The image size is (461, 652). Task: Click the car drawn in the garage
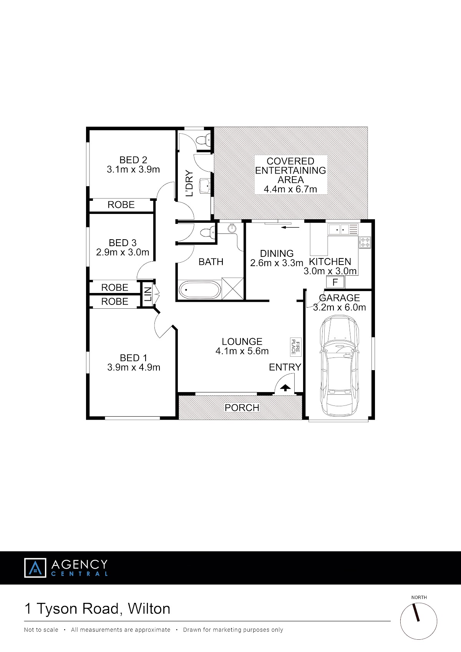pos(339,366)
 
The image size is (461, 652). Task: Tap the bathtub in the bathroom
pos(199,290)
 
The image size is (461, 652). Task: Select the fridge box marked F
pos(335,282)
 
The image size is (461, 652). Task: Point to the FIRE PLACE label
pos(295,347)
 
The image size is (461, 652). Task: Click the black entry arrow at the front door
pos(285,388)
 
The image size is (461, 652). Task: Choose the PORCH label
pos(242,407)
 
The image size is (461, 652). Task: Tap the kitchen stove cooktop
pos(365,242)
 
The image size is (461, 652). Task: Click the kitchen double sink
pos(343,229)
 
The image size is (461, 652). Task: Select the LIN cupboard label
pos(148,294)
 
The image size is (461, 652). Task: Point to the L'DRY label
pos(189,184)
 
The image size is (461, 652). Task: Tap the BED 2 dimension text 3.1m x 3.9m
pos(133,169)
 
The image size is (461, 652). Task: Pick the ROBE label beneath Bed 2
pos(121,205)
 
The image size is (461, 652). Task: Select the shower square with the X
pos(232,288)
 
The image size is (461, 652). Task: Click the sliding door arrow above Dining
pos(290,227)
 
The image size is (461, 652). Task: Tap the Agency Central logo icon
pos(35,568)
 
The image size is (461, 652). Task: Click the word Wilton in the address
pos(149,609)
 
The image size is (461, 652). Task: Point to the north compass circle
pos(418,621)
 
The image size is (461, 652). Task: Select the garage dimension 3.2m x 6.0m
pos(339,307)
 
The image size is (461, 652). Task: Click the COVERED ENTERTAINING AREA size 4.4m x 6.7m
pos(290,189)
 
